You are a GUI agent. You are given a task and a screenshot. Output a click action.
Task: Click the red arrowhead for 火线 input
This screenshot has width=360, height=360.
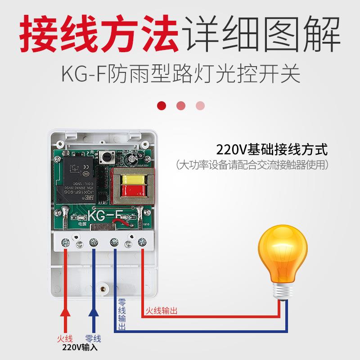[x=66, y=314]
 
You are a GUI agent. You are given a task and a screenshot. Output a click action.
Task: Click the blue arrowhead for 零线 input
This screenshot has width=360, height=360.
[x=94, y=314]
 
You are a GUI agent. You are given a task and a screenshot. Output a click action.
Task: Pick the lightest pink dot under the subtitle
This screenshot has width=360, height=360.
[x=200, y=105]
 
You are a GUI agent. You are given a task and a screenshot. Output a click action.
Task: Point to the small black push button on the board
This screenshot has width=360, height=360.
[x=108, y=157]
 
